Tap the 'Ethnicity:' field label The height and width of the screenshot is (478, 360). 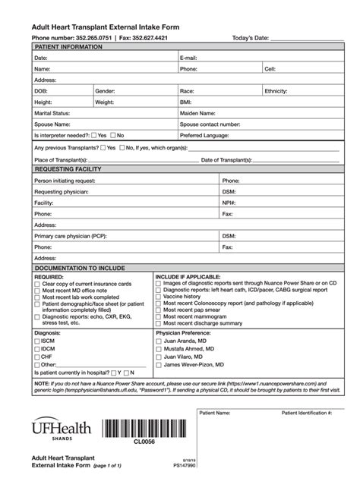278,90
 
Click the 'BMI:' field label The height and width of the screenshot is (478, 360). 186,101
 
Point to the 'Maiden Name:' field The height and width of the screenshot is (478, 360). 199,112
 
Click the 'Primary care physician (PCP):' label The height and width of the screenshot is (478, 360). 70,236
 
